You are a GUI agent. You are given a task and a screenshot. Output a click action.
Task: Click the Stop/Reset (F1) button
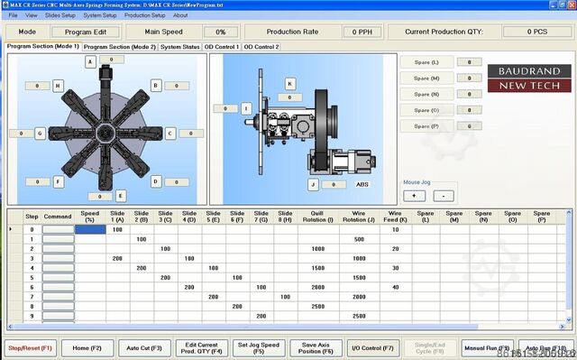click(x=31, y=347)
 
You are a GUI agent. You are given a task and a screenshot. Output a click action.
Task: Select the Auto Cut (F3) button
click(x=143, y=347)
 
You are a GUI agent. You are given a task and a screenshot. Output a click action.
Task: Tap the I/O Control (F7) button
click(x=372, y=347)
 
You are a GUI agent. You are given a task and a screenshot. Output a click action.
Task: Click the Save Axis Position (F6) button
click(x=316, y=347)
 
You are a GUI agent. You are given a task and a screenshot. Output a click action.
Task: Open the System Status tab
click(x=179, y=46)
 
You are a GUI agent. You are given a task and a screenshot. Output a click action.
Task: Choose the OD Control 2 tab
click(x=261, y=46)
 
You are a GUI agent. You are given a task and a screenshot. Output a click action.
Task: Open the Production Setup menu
click(x=144, y=15)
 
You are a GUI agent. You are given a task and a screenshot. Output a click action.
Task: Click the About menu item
click(x=180, y=15)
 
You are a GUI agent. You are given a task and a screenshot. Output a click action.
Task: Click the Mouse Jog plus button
click(x=414, y=195)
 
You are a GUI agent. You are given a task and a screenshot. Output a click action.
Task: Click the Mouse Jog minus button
click(x=444, y=195)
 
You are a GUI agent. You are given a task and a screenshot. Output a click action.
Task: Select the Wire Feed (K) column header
click(x=394, y=217)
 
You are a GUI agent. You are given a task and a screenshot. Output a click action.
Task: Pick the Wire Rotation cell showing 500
click(x=359, y=239)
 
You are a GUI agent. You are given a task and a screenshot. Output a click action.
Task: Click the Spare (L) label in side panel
click(x=426, y=62)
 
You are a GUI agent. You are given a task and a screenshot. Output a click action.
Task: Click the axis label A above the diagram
click(x=89, y=61)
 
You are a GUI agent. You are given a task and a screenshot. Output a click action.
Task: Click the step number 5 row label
click(x=32, y=278)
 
